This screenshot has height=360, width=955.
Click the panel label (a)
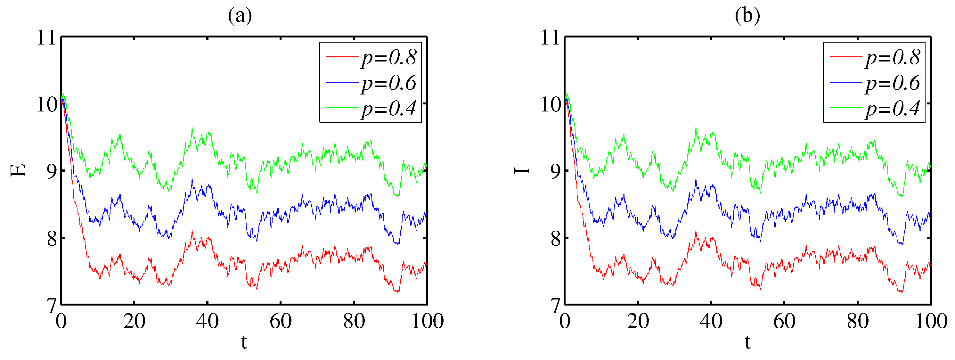(240, 16)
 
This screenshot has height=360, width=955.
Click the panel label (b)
(747, 16)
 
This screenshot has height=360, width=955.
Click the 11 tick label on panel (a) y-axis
(46, 37)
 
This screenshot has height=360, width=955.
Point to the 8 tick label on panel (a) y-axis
(52, 238)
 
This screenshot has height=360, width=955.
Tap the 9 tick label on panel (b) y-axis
(555, 171)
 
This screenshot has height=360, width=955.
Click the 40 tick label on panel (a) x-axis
(207, 321)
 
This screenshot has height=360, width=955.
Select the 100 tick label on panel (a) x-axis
(427, 321)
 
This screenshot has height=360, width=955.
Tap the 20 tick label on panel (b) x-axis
(638, 321)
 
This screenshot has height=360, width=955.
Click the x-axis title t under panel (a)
(244, 342)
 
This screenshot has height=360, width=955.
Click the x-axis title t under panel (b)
(747, 342)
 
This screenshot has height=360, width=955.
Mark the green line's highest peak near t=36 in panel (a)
(192, 127)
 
